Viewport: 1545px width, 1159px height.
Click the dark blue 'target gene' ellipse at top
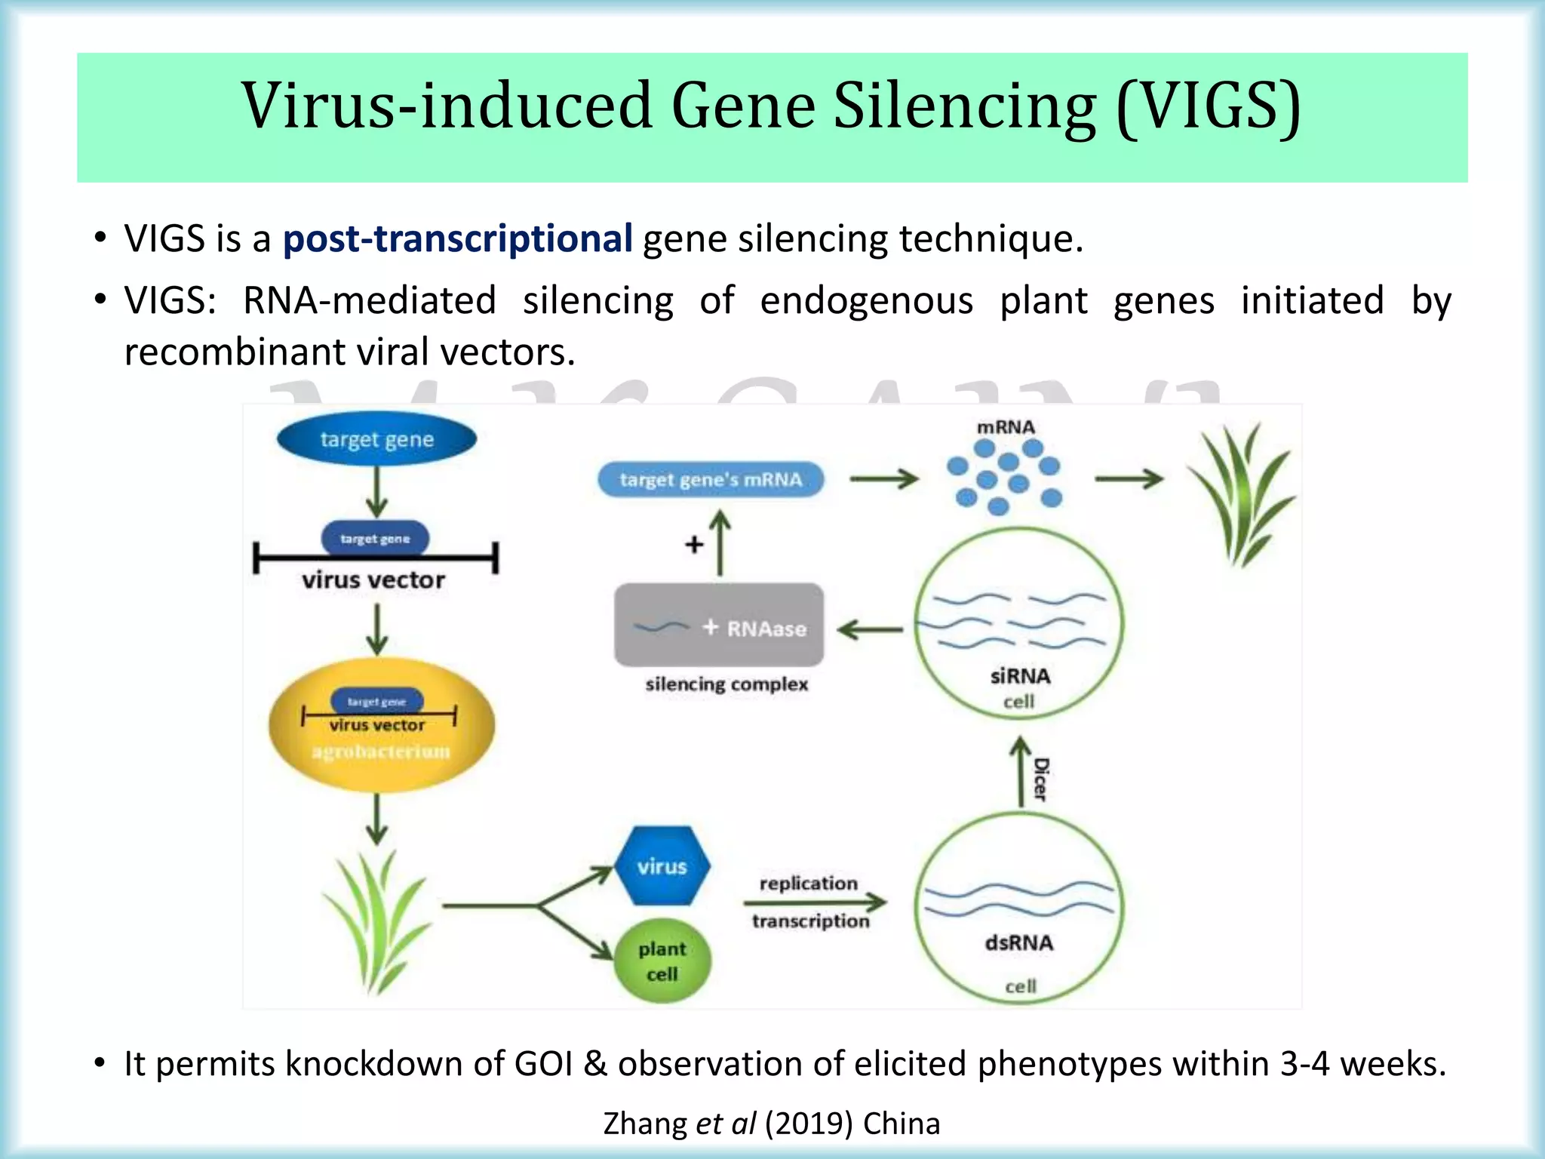tap(376, 438)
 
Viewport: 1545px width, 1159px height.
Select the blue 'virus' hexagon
tap(662, 865)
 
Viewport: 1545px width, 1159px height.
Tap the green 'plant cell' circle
tap(662, 961)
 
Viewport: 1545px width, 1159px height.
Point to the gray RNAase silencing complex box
tap(719, 626)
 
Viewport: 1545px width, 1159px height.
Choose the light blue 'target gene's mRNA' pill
tap(711, 480)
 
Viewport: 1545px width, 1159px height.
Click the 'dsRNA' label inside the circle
tap(1018, 942)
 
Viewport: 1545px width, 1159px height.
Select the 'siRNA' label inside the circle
tap(1020, 675)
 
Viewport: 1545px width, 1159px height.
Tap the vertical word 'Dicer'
tap(1041, 779)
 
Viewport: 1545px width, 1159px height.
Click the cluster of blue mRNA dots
tap(1005, 475)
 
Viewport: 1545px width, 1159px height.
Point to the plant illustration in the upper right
tap(1242, 495)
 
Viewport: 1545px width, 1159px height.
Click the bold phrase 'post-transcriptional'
tap(457, 238)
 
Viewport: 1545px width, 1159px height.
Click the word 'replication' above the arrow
tap(808, 883)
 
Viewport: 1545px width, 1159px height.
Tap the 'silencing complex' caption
tap(726, 684)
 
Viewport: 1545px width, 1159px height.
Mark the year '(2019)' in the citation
tap(808, 1124)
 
